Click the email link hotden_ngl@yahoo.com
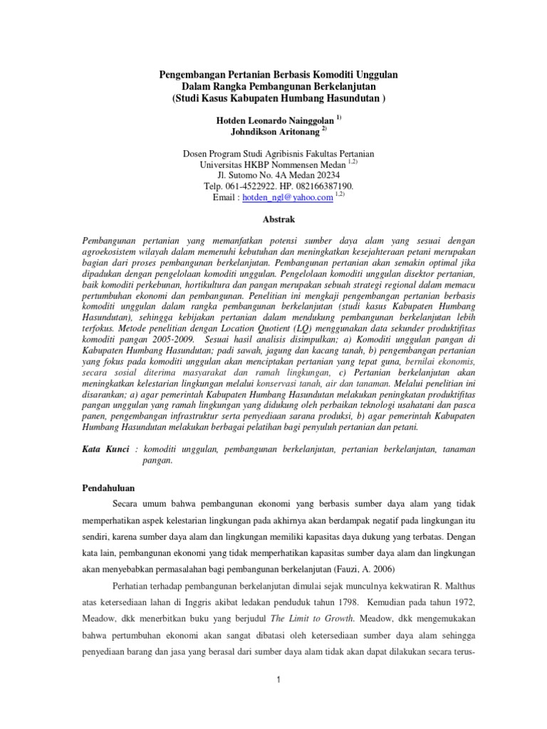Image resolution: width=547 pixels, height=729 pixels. [288, 198]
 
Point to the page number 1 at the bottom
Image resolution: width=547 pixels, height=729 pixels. [280, 681]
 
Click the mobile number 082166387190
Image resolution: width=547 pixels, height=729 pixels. [322, 186]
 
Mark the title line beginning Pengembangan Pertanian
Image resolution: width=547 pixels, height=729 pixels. [278, 75]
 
